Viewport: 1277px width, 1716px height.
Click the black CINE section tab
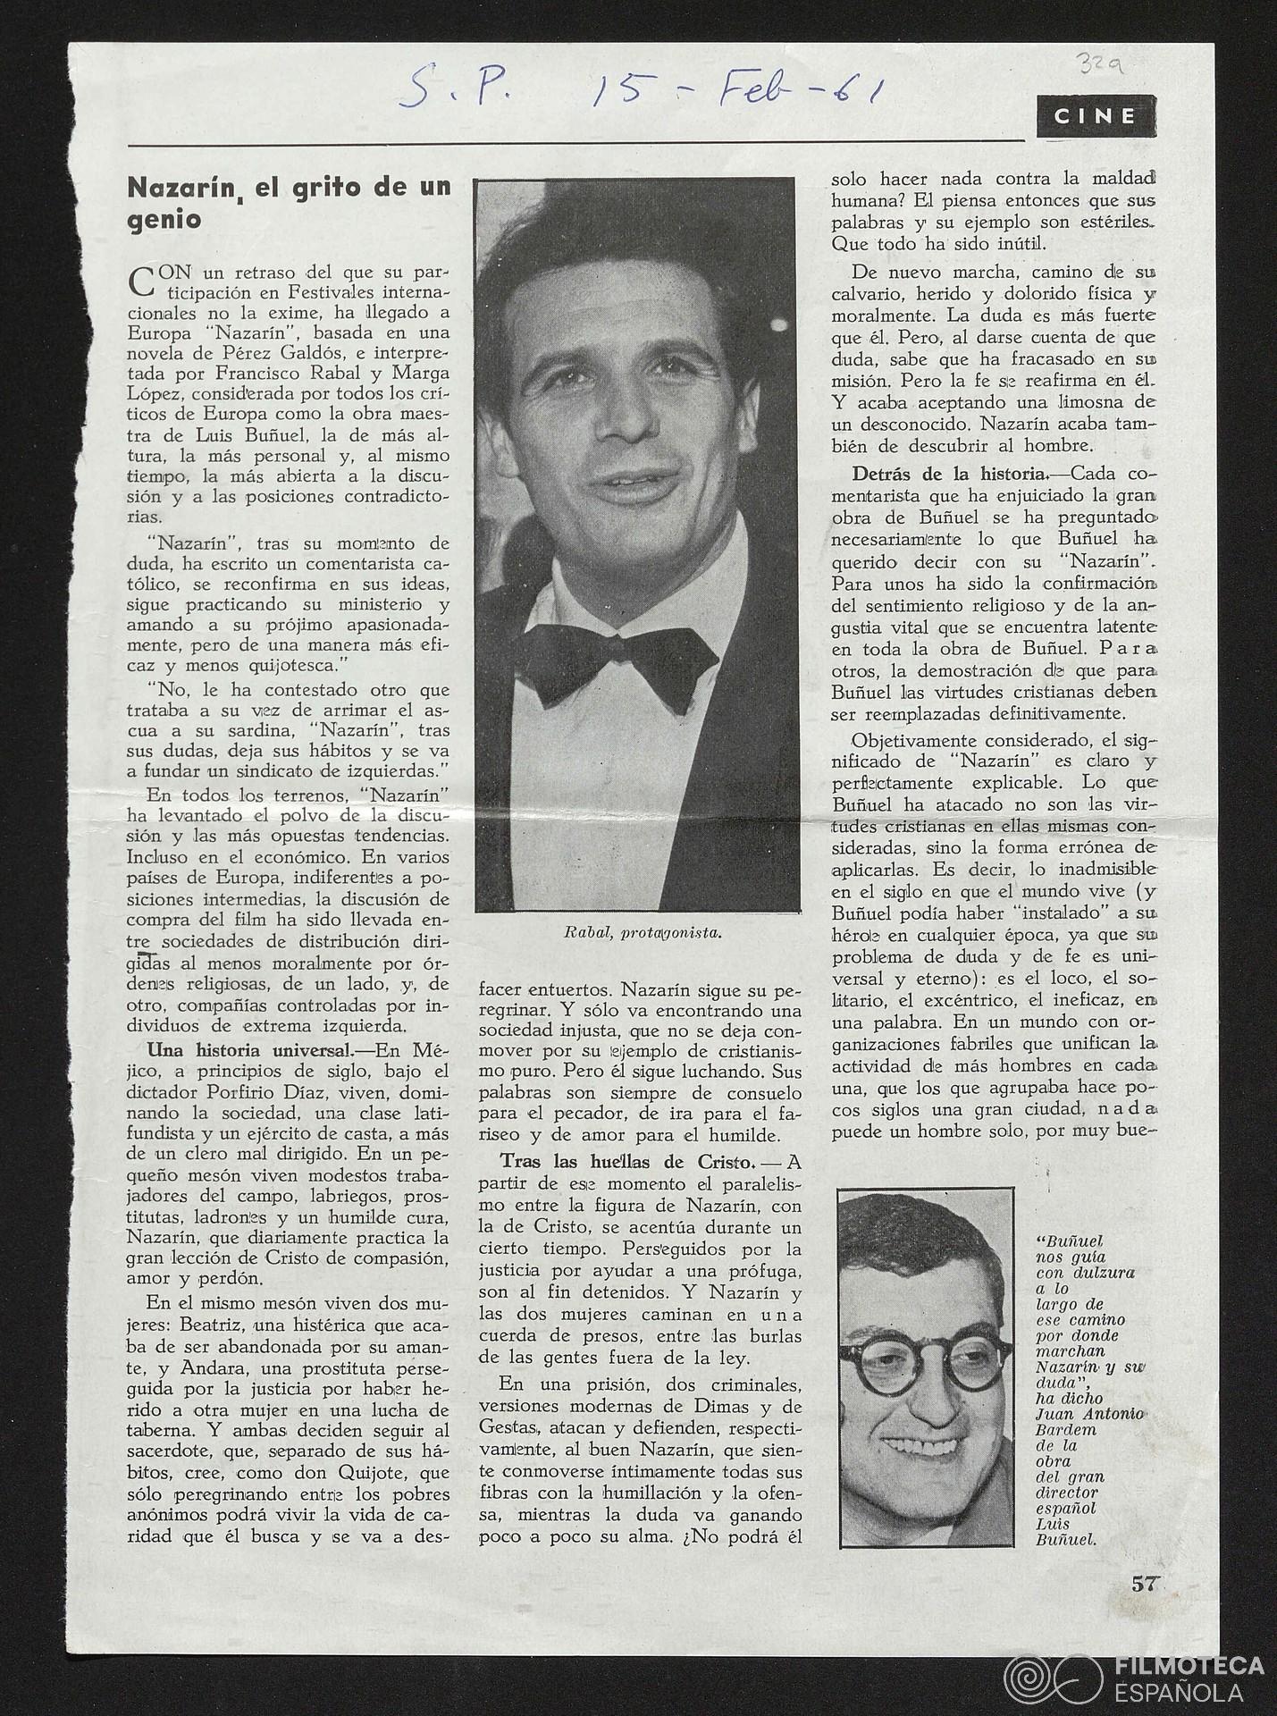(1096, 116)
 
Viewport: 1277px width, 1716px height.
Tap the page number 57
(1144, 1585)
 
